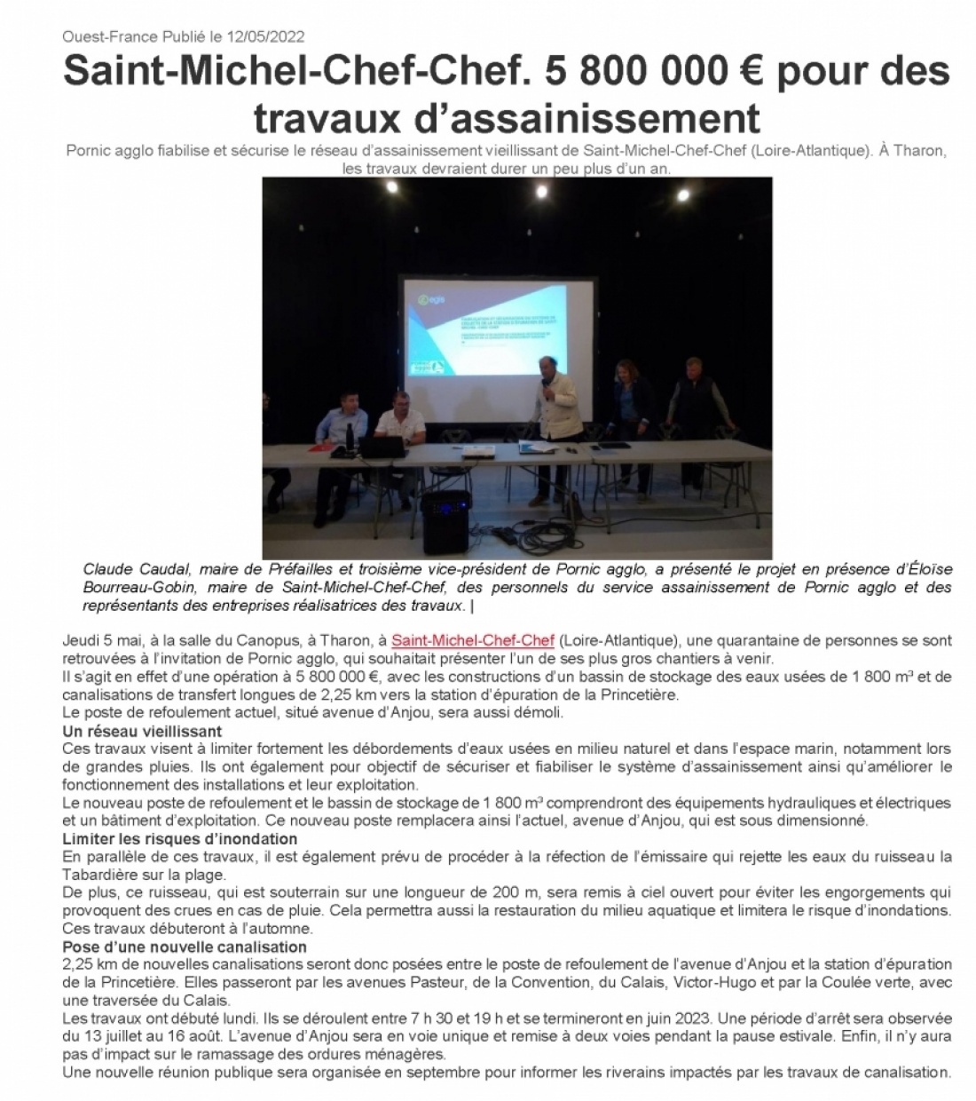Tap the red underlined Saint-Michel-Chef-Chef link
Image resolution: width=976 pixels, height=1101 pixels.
473,640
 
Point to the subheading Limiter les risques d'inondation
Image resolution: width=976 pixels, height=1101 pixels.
179,839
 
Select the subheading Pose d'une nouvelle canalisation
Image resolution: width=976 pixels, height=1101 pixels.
185,947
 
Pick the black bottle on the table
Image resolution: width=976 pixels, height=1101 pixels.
351,436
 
